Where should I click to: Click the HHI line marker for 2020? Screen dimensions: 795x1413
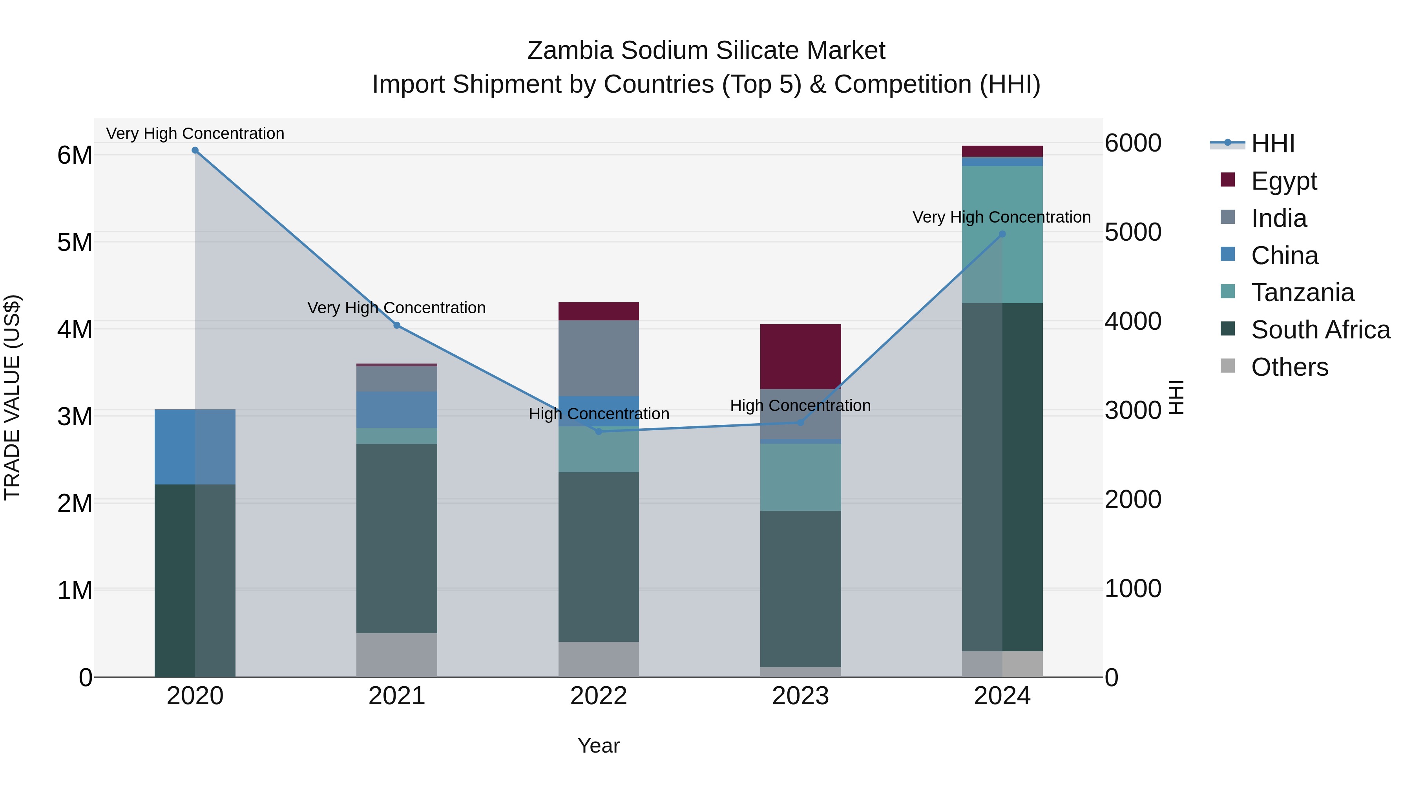tap(195, 150)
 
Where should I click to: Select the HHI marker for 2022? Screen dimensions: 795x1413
tap(599, 432)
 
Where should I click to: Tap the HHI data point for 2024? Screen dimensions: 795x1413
tap(1002, 234)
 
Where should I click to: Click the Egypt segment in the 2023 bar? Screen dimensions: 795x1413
tap(800, 356)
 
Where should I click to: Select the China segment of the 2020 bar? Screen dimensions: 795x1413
tap(195, 447)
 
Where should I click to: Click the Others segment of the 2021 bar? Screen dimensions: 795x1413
tap(396, 655)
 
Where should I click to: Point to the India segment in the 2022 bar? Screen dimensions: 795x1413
tap(599, 358)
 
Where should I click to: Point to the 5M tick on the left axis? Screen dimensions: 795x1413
tap(75, 242)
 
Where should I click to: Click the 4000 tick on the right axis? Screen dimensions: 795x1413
tap(1133, 321)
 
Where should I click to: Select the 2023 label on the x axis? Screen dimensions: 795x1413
tap(800, 696)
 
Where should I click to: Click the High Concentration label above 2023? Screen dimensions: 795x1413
tap(800, 406)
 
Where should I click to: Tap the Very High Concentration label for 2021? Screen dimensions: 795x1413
tap(396, 308)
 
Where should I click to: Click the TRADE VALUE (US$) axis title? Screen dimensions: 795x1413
tap(12, 397)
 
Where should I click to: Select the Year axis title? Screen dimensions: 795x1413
tap(599, 746)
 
